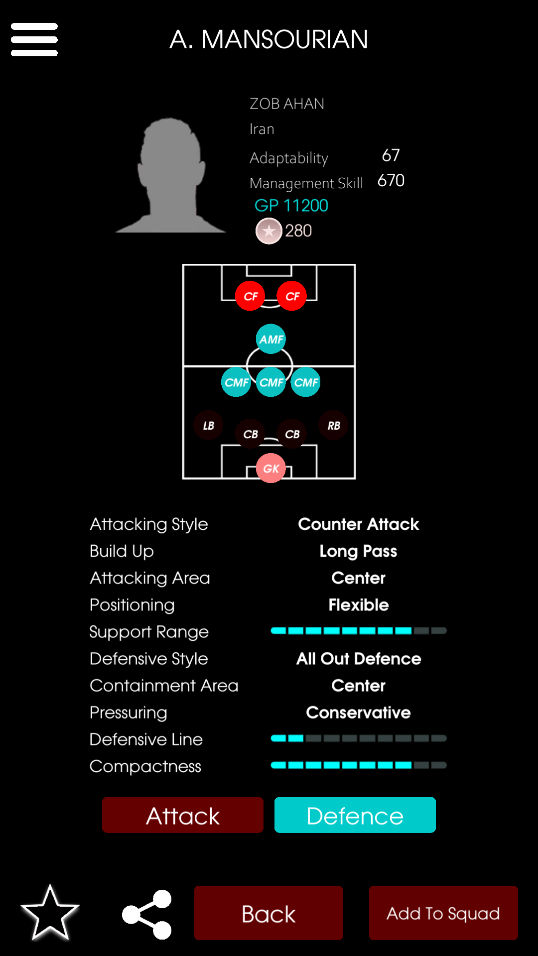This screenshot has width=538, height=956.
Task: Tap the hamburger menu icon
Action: pos(34,39)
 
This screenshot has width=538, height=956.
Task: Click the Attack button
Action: pos(183,815)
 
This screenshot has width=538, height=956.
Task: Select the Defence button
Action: pos(355,815)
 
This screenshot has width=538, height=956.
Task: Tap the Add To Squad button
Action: pos(443,913)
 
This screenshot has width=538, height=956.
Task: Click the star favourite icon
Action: pos(50,913)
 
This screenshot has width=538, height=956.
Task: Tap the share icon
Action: pos(147,914)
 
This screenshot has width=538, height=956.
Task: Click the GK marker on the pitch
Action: pos(271,468)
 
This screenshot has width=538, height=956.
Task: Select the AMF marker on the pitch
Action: pos(271,339)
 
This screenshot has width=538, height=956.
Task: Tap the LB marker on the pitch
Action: pos(208,425)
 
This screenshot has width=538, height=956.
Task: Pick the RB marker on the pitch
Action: pos(334,425)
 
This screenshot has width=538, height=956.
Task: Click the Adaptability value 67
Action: pos(391,155)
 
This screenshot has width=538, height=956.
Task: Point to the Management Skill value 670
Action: pos(391,180)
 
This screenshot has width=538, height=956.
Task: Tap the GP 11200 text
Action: pos(291,205)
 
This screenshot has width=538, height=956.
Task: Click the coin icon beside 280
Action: pos(269,231)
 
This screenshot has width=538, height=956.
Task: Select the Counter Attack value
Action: pos(359,524)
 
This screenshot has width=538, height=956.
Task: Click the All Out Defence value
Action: pos(359,658)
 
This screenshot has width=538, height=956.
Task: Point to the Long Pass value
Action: pos(359,551)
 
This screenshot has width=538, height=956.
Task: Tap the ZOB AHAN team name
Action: pos(287,104)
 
